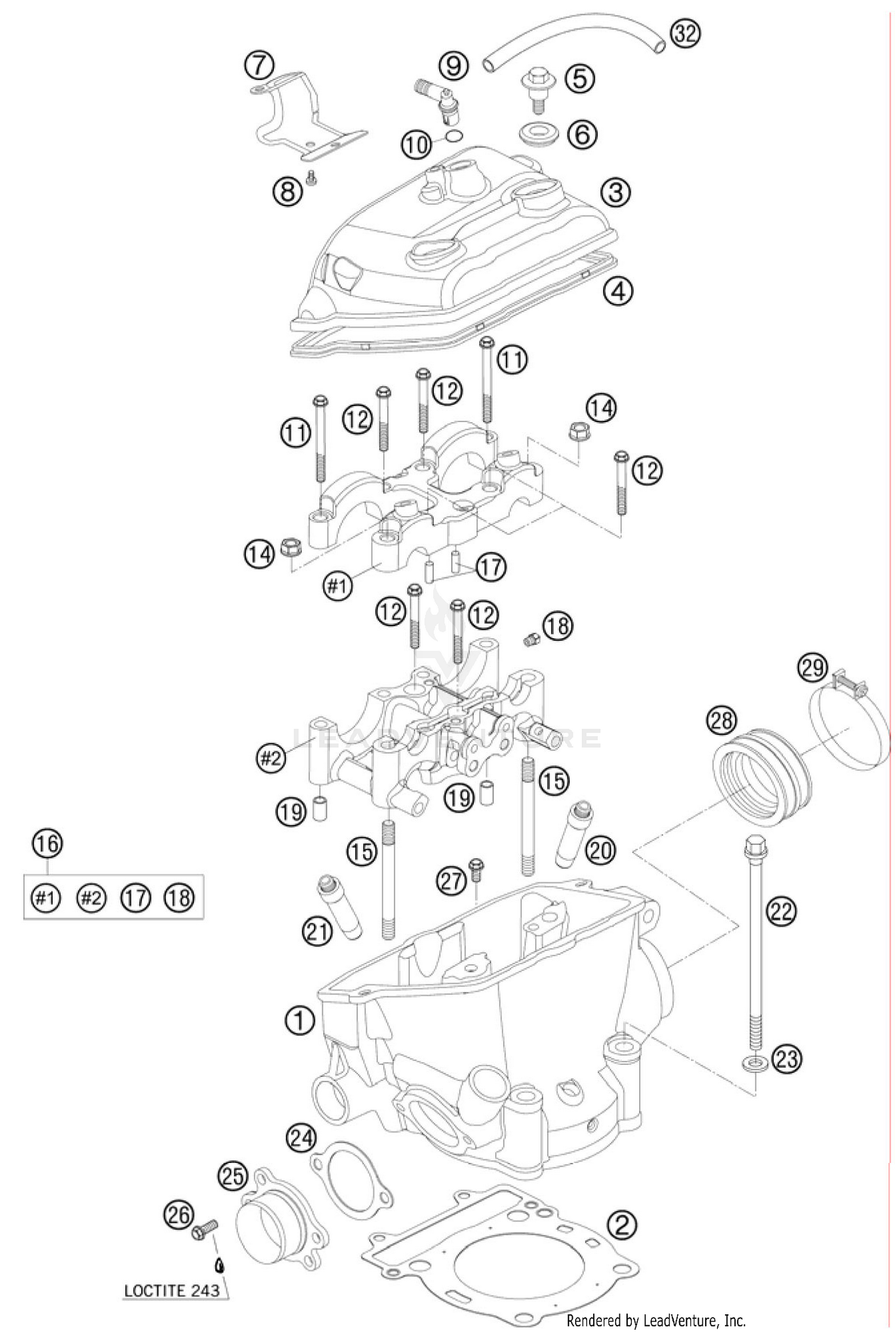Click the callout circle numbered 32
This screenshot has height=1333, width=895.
[684, 34]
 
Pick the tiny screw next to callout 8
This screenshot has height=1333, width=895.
[310, 176]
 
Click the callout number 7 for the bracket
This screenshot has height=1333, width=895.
[259, 65]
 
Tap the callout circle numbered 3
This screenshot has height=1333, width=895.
[616, 193]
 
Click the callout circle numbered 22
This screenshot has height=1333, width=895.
[781, 911]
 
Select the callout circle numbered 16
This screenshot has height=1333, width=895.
[48, 843]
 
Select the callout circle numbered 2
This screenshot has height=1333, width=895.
[622, 1225]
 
